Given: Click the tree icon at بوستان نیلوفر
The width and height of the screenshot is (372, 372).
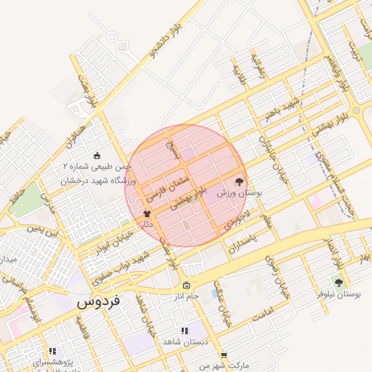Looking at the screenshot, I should [338, 282].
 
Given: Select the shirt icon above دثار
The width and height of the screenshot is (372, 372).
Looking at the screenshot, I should [147, 214].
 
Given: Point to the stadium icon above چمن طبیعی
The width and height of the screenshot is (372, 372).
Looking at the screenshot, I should [97, 154].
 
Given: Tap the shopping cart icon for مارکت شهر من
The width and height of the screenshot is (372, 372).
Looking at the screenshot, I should [223, 354].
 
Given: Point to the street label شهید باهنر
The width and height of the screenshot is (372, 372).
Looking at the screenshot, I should [280, 105].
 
